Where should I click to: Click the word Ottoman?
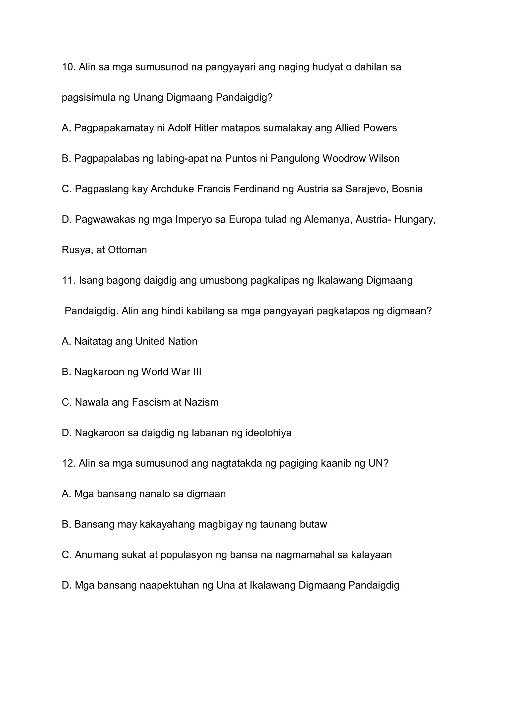pos(127,250)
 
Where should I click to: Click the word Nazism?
pos(201,402)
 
